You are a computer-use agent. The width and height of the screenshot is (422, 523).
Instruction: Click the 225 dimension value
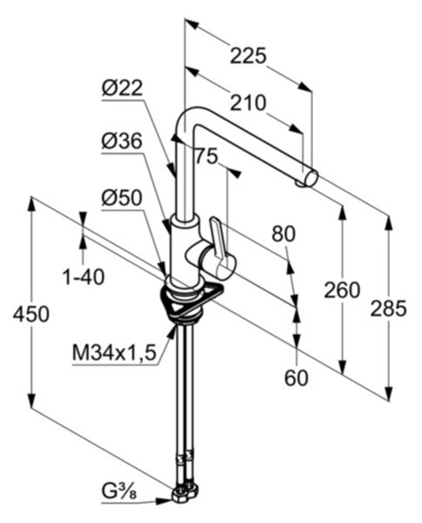point(248,56)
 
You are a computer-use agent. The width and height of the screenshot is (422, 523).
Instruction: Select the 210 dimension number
point(248,103)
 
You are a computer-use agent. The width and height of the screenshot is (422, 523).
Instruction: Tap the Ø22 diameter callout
point(122,88)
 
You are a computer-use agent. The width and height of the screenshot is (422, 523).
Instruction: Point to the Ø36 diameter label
point(122,142)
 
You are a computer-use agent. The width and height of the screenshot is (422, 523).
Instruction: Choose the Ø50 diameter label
point(122,198)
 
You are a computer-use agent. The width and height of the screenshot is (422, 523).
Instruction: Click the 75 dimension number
point(206,156)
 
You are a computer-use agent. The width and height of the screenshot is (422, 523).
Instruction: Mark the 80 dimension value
point(283,234)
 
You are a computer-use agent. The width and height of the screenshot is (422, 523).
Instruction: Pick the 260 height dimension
point(342,290)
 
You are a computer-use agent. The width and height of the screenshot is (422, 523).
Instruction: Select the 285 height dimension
point(389,309)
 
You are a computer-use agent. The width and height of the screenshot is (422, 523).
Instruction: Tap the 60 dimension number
point(296,378)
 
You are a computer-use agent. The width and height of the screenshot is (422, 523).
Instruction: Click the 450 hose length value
point(31,314)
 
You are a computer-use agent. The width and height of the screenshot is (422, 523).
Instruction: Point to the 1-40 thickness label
point(84,277)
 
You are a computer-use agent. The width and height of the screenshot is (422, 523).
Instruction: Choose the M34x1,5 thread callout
point(114,354)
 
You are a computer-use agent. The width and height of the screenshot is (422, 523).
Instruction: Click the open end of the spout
point(311,177)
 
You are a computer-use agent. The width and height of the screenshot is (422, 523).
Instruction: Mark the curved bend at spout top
point(189,115)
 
